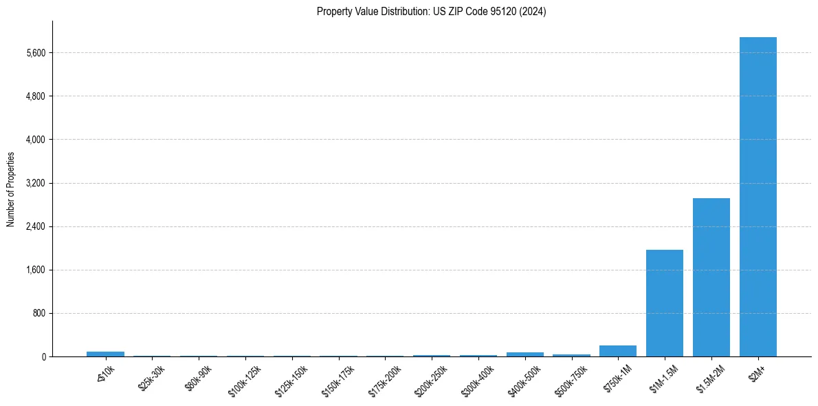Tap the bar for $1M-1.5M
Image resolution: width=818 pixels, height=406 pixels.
coord(664,303)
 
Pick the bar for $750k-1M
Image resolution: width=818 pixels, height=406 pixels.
coord(617,351)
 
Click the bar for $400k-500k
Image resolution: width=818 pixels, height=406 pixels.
coord(524,354)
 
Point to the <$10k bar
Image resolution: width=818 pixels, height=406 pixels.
coord(105,354)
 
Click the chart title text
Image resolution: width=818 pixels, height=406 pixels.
coord(431,12)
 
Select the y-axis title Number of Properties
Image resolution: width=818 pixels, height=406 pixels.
coord(11,189)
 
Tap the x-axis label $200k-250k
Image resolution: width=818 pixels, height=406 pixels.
coord(431,377)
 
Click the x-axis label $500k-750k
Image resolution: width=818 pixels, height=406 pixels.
coord(571,377)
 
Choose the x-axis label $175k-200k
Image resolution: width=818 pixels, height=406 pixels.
coord(384,377)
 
